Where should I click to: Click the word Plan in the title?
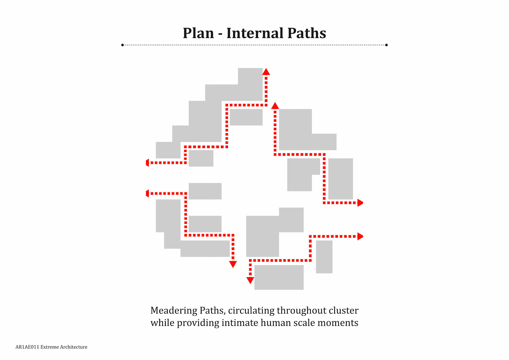point(198,33)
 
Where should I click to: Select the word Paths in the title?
point(306,33)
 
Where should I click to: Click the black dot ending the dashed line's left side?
point(122,45)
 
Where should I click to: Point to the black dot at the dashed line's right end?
point(386,45)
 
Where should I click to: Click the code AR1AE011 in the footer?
point(27,347)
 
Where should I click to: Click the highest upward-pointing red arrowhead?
point(266,72)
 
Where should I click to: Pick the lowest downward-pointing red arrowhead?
point(250,280)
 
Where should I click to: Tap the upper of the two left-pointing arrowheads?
point(148,163)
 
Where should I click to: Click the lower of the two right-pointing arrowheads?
point(360,236)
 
